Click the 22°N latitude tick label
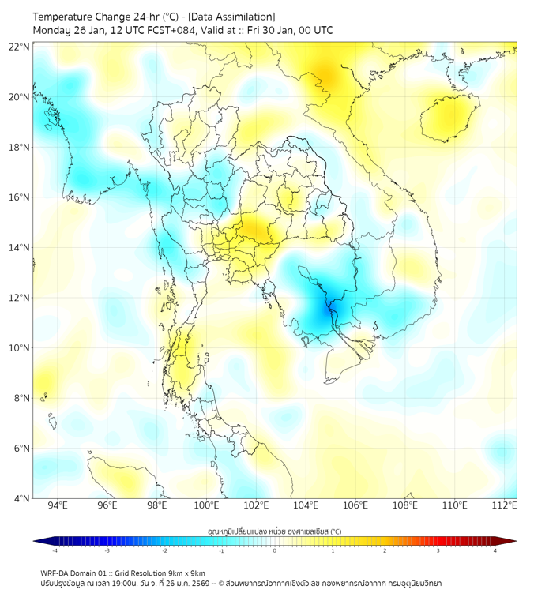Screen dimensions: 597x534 pos(20,47)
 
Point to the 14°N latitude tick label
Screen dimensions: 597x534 pos(20,247)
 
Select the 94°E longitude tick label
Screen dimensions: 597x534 pos(58,505)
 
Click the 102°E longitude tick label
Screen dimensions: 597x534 pos(257,505)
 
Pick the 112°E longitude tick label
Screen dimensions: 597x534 pos(505,505)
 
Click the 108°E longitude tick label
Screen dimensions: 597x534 pos(405,505)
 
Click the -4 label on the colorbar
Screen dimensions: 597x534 pos(54,550)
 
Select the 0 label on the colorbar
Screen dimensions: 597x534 pos(275,550)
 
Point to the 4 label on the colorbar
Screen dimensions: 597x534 pos(495,550)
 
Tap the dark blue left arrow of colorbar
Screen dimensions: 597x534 pos(39,541)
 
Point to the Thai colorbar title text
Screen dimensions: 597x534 pos(274,531)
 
